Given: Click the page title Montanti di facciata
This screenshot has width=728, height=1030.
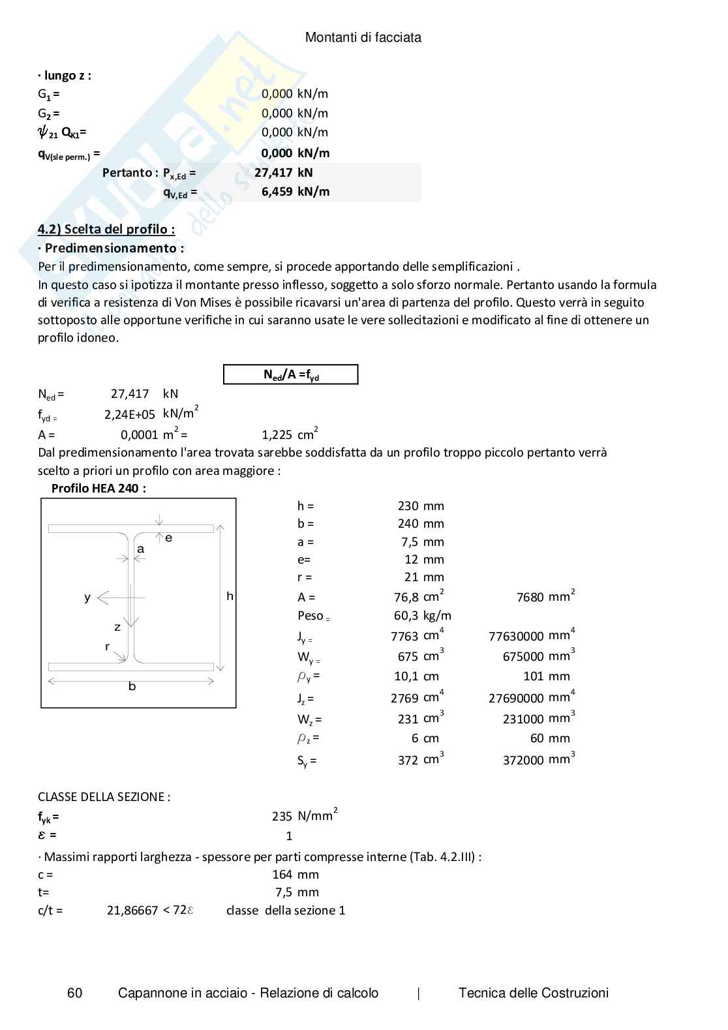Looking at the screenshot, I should (363, 38).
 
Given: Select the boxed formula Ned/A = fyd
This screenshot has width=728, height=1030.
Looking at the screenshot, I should (291, 374).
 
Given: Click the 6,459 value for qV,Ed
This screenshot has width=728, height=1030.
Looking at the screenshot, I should (277, 191).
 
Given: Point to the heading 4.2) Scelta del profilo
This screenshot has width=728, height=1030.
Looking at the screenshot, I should (106, 229).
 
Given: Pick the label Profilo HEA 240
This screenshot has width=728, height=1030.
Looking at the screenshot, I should (99, 489).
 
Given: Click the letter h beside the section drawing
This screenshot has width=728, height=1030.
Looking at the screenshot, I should (230, 596).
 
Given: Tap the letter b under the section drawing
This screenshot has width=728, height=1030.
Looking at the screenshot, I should (132, 686).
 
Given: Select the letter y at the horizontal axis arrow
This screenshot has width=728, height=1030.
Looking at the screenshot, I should (87, 597).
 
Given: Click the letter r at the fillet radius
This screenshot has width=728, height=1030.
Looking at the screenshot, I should (108, 647).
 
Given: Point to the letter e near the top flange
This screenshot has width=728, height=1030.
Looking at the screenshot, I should (168, 538).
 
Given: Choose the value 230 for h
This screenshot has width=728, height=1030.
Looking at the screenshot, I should (408, 506).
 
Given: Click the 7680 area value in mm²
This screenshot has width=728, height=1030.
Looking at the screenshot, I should (530, 597).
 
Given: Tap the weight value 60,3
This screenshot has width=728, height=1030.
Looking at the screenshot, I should (406, 616).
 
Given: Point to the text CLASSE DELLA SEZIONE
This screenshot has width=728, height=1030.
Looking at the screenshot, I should (104, 796).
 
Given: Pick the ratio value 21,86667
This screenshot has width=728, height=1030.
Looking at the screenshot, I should (132, 911).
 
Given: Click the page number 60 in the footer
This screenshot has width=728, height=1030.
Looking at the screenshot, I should (75, 993).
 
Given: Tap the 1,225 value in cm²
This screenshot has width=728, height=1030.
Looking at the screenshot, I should (277, 434).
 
